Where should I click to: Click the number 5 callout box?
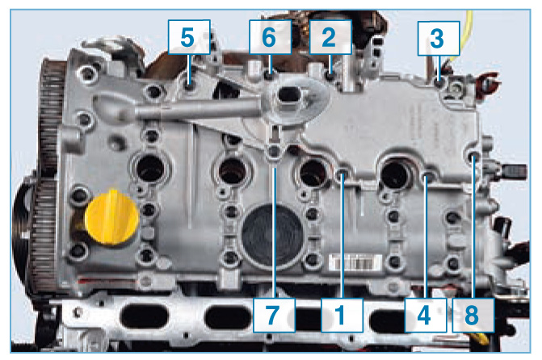pos(189,37)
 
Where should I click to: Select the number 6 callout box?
pos(270,37)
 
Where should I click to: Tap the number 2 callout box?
pos(330,37)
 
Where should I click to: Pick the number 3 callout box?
pos(439,39)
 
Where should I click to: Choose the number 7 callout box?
pos(274,315)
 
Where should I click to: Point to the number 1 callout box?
pos(342,315)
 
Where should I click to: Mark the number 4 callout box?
pos(426,315)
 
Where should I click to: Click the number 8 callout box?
pos(473,315)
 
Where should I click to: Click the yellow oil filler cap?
pos(111,217)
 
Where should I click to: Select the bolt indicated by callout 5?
pos(189,86)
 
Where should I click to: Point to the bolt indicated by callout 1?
pos(342,173)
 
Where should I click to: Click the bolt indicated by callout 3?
pos(439,83)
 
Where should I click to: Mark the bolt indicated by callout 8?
pos(473,156)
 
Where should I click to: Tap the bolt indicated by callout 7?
pos(274,151)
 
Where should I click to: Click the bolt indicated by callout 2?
pos(331,76)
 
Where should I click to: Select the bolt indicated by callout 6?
pos(270,74)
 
